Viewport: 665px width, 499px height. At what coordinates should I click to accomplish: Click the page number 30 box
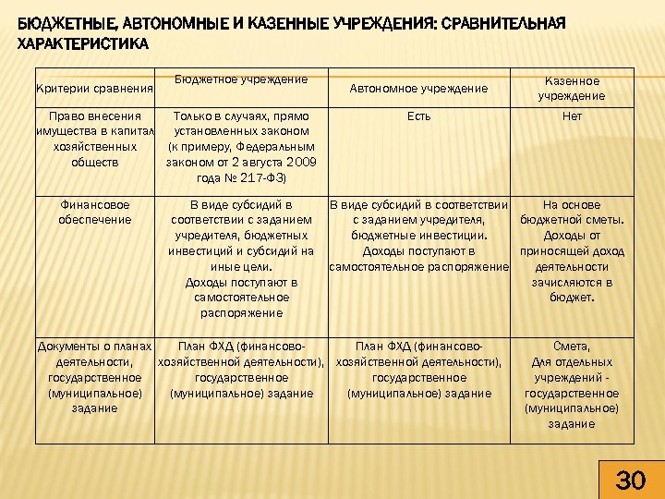point(630,480)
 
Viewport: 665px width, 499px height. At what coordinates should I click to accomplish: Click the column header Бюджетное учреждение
point(240,79)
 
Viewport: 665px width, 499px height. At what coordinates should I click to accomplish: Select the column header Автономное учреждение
point(418,88)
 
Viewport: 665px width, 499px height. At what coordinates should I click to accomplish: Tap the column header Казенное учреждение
point(574,88)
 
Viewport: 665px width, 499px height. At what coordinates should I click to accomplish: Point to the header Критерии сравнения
point(93,88)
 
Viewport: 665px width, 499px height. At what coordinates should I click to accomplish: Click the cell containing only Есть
point(418,116)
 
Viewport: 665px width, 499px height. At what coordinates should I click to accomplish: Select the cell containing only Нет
point(573,116)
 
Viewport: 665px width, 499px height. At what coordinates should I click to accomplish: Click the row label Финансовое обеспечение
point(93,212)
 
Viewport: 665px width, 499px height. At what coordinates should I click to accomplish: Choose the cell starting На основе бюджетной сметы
point(573,250)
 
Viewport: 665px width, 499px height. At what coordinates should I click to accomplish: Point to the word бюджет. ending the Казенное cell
point(573,298)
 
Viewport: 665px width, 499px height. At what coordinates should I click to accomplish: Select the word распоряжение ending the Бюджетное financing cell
point(241,313)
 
